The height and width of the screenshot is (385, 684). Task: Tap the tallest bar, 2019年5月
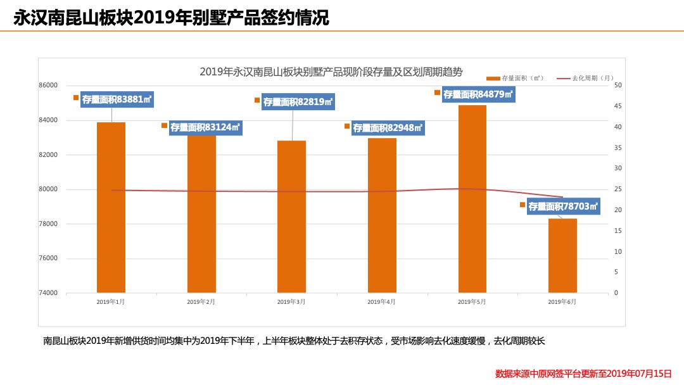pos(472,199)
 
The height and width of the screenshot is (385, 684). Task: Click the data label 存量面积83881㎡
pos(117,99)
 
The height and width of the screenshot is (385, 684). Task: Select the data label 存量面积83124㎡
pos(205,127)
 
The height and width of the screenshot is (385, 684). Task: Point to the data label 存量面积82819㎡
pos(298,102)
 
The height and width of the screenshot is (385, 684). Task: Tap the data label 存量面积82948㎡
pos(388,128)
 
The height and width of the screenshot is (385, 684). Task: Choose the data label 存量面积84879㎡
pos(478,94)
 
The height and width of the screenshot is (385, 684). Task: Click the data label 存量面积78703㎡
pos(563,206)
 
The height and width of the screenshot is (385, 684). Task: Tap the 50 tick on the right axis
pos(617,85)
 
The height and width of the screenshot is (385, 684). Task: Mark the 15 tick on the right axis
pos(617,231)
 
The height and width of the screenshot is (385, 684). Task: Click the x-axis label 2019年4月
pos(381,302)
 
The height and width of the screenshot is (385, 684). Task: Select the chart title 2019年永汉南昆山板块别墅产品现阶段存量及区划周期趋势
pos(331,72)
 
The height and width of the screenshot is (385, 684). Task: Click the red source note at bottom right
pos(583,374)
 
